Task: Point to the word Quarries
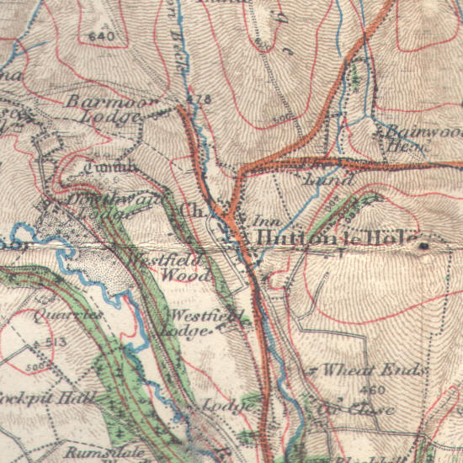(69, 313)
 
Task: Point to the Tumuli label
(114, 167)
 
